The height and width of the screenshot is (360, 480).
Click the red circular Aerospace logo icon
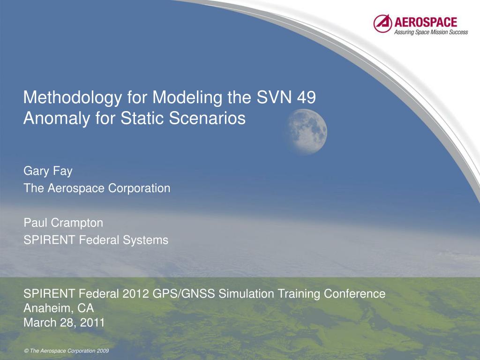pos(382,23)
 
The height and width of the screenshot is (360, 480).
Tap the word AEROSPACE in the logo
pos(426,22)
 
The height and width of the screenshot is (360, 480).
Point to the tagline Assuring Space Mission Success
pos(431,32)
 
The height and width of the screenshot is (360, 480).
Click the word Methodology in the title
pos(72,97)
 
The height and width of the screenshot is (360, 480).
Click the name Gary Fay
pos(48,171)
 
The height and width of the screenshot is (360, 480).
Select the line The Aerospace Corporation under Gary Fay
pos(97,188)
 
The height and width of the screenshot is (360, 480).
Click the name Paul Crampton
pos(63,223)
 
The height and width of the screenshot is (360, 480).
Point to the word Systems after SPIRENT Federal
pos(145,240)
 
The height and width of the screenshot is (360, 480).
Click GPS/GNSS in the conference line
pos(183,293)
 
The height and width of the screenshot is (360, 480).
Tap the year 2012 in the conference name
pos(135,293)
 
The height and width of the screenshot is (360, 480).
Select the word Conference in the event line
pos(354,293)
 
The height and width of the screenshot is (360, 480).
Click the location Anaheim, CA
pos(59,308)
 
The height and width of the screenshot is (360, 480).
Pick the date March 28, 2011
pos(64,322)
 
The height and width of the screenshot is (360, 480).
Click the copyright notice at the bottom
pos(67,351)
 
